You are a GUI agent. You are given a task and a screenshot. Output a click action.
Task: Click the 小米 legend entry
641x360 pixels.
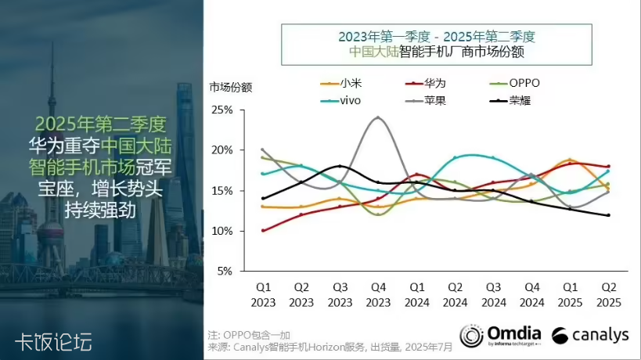[342, 83]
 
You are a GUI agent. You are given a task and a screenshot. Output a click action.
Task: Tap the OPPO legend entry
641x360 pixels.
[516, 83]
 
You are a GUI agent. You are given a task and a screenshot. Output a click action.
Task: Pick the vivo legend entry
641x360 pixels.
[342, 101]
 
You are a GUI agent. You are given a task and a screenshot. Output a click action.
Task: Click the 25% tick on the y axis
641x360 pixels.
[223, 110]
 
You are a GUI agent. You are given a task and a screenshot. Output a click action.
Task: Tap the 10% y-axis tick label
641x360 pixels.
[223, 231]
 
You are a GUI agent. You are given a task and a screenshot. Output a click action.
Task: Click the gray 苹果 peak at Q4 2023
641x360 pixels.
[378, 117]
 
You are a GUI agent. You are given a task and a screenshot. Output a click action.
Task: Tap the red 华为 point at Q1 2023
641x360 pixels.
[263, 230]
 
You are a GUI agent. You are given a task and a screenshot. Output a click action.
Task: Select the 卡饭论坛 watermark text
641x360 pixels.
[53, 341]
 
